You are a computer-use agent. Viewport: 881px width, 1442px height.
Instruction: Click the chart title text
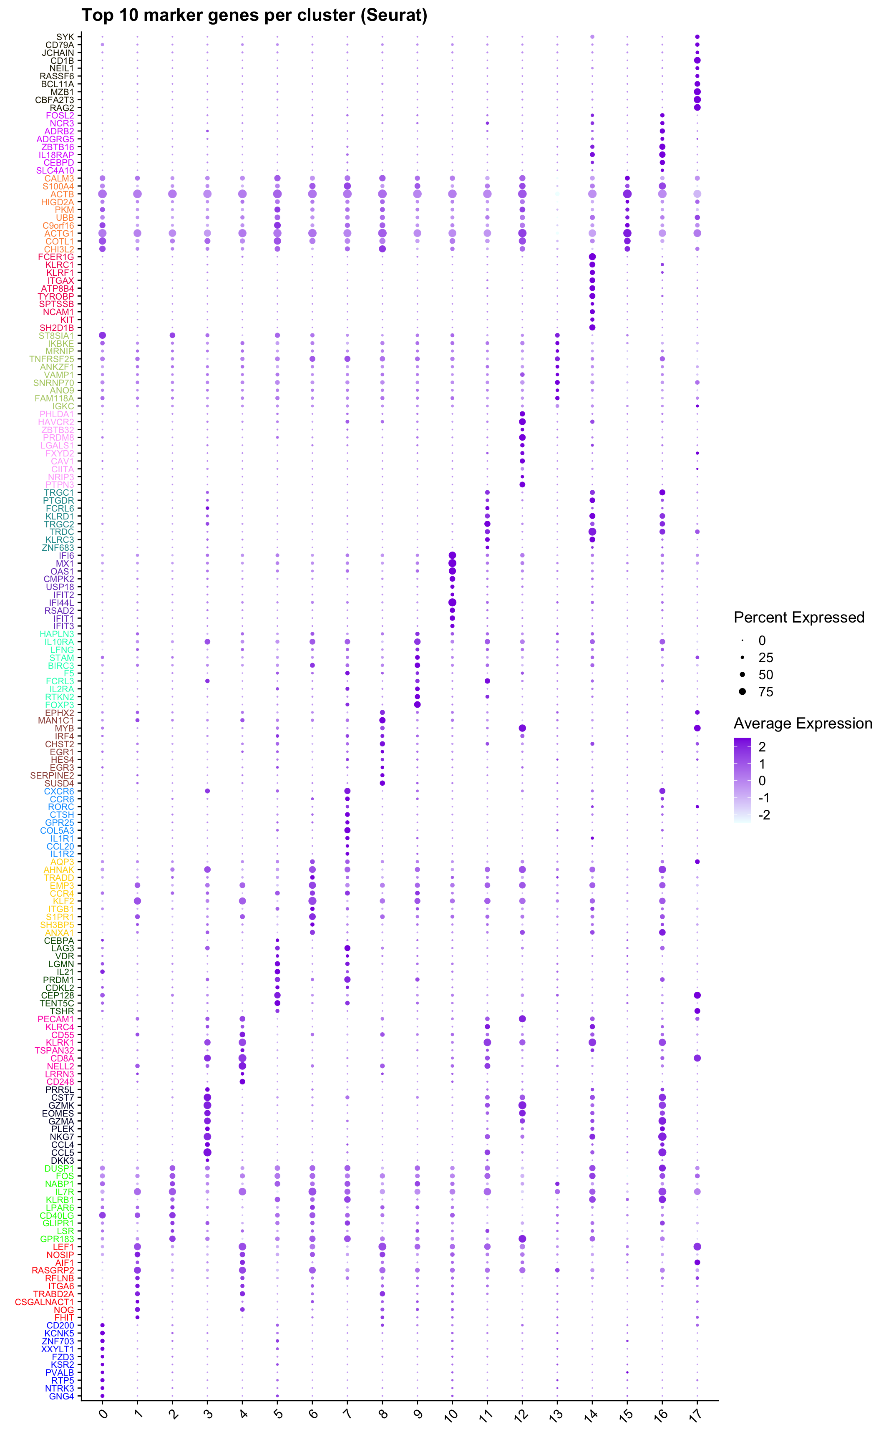[x=254, y=15]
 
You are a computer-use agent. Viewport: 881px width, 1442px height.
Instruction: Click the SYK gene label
[x=65, y=37]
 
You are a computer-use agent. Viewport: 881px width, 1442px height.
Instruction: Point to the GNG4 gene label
[x=61, y=1397]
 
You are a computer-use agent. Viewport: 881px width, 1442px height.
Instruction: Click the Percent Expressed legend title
[x=798, y=618]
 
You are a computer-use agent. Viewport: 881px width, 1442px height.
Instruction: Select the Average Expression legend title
[x=803, y=724]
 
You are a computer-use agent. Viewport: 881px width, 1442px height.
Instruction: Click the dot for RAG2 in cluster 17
[x=697, y=108]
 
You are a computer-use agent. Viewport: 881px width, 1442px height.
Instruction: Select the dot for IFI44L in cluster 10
[x=452, y=602]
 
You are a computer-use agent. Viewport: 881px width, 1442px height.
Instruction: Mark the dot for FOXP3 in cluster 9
[x=417, y=705]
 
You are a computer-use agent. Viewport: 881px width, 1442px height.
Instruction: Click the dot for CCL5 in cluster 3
[x=207, y=1152]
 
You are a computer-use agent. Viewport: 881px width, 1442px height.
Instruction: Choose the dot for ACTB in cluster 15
[x=627, y=194]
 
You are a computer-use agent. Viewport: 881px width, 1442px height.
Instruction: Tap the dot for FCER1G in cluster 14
[x=592, y=257]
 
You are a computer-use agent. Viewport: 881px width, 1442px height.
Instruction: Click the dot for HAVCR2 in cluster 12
[x=522, y=422]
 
